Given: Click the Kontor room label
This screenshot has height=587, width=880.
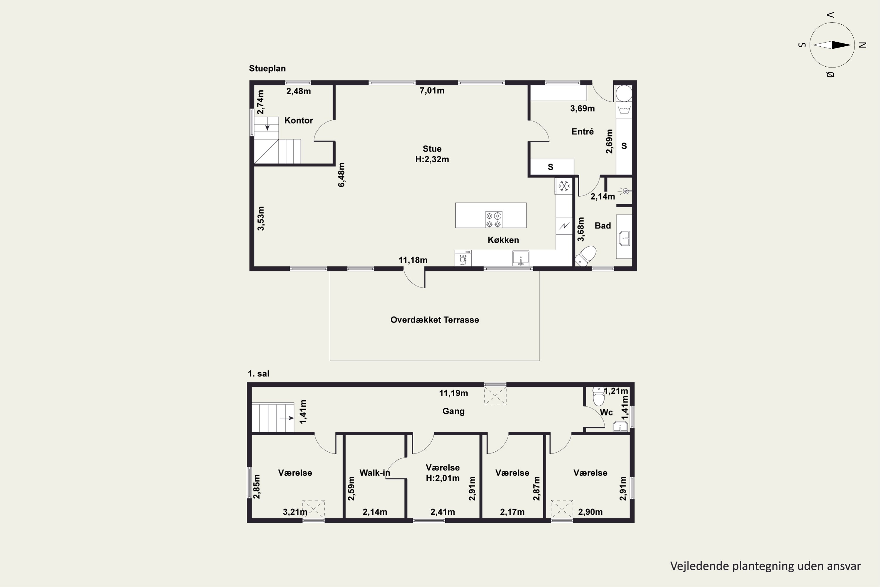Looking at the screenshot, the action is [299, 120].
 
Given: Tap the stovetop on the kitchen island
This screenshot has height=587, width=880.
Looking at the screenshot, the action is [493, 219].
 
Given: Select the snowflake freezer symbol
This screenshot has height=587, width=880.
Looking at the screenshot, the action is [564, 186].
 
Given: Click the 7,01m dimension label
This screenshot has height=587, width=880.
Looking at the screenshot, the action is [432, 91].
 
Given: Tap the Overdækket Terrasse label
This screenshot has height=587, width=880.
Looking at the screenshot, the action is [434, 320].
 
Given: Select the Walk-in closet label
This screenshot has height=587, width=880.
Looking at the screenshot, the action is [375, 473].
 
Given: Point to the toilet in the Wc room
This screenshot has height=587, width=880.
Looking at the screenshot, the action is [599, 397].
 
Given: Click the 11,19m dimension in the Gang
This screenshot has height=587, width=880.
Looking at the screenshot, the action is [453, 393].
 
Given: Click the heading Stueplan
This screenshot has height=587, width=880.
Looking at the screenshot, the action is [267, 68].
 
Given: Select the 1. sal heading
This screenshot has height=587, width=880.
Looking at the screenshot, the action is [258, 374].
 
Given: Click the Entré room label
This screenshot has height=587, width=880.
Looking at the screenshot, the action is [583, 131].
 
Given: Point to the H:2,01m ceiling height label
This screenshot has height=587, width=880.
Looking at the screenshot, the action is [443, 478].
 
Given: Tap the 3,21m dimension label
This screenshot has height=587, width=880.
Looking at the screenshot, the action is [295, 512].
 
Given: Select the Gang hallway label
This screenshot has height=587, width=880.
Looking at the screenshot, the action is [453, 411].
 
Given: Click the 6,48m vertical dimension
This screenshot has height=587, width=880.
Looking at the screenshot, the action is [341, 175].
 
